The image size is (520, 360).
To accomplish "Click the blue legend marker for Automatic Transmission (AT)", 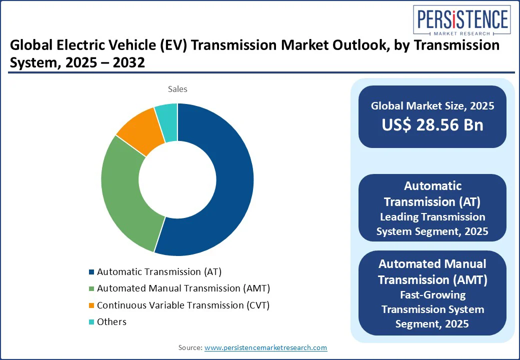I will [91, 272].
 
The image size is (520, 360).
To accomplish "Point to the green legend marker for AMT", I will [91, 289].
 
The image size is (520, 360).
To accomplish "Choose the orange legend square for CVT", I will [91, 305].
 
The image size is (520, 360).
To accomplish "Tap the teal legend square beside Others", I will [91, 322].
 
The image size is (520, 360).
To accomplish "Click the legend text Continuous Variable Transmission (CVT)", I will [183, 305].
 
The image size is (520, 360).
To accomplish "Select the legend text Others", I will [111, 321].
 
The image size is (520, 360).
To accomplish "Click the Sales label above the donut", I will [177, 89].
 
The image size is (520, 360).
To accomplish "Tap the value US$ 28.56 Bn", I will [432, 125].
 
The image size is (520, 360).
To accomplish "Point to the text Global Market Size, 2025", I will [432, 106].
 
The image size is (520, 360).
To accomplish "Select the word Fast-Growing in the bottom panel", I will [432, 294].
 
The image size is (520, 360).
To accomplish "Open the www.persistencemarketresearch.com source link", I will [265, 347].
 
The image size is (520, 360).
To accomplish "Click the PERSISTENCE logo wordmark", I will [461, 20].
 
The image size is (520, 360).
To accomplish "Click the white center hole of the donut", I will [177, 180].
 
